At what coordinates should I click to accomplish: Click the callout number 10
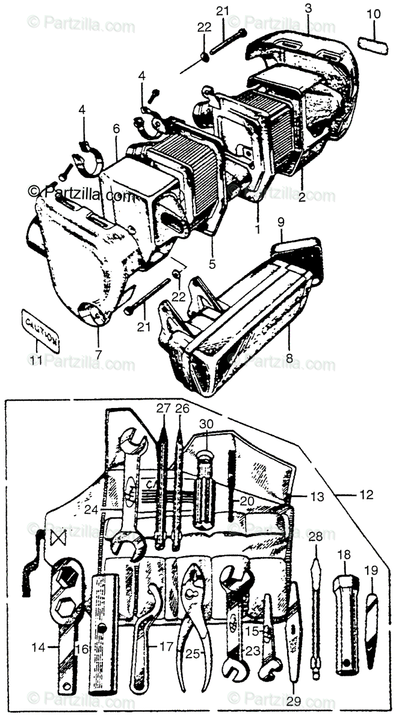point(373,14)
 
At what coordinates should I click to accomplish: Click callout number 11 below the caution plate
point(36,360)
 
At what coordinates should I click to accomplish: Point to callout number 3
point(308,8)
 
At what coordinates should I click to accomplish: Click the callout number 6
point(116,128)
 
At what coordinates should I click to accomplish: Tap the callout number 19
point(371,569)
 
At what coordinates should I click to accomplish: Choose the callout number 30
point(206,423)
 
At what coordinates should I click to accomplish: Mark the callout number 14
point(39,648)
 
